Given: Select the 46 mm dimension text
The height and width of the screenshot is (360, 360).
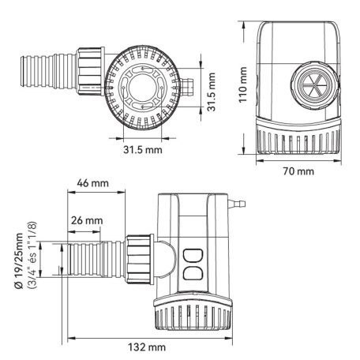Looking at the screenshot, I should click(x=92, y=182).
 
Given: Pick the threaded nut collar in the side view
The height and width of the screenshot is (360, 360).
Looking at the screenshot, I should click(x=140, y=257).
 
